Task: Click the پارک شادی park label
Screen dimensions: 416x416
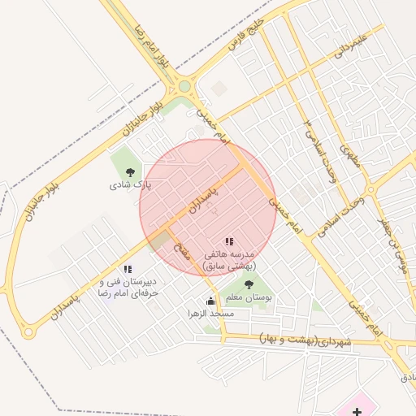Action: (x=130, y=185)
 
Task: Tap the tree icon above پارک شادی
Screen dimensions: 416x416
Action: (x=130, y=171)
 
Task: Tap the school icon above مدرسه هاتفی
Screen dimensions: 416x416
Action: (x=229, y=242)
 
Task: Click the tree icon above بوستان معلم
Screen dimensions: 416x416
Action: (x=249, y=284)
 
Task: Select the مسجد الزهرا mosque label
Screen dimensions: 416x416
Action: (x=211, y=314)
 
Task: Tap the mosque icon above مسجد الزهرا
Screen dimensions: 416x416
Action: (x=211, y=301)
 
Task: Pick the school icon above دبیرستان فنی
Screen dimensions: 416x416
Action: (x=127, y=269)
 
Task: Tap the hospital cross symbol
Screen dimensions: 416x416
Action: (x=357, y=411)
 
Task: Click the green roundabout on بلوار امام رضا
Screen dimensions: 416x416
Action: (x=184, y=85)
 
